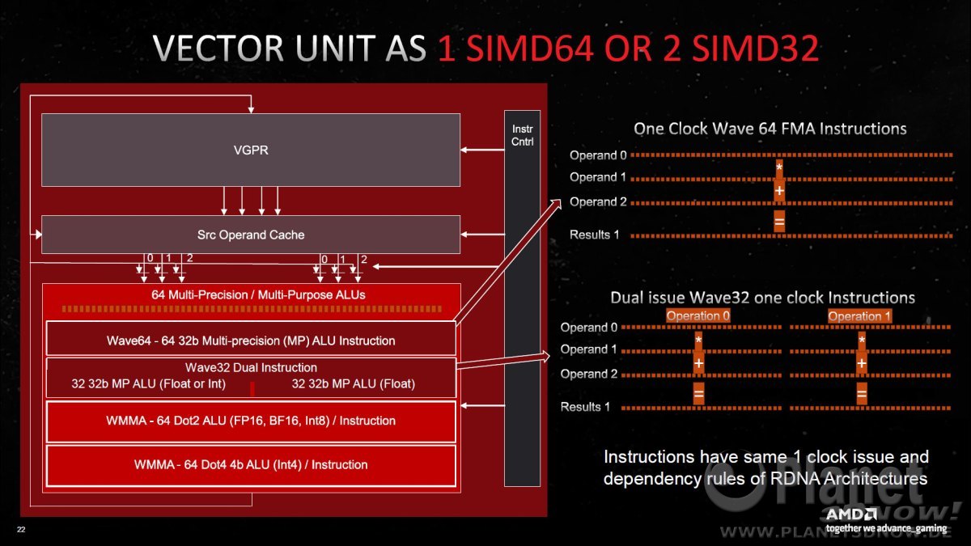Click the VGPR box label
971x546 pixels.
[251, 150]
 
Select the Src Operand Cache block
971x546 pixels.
[251, 235]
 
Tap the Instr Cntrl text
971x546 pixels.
[523, 135]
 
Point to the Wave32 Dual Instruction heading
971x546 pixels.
[251, 367]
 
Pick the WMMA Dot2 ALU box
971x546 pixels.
[251, 421]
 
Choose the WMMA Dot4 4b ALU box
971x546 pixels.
[251, 466]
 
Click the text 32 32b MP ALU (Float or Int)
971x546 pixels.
[149, 383]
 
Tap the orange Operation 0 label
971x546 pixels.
[698, 316]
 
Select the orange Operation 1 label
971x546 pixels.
[859, 316]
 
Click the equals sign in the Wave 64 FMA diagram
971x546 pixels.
[779, 222]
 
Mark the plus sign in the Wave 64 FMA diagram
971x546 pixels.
[779, 190]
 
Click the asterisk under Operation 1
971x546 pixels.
[862, 340]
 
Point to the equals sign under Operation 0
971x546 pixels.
[699, 394]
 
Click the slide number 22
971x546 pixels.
[21, 529]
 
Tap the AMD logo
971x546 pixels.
[851, 514]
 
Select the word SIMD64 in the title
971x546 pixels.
[528, 48]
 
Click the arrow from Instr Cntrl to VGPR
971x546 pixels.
[482, 150]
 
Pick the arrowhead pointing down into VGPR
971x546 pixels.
[251, 110]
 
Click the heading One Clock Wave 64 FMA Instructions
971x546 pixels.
[770, 129]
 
